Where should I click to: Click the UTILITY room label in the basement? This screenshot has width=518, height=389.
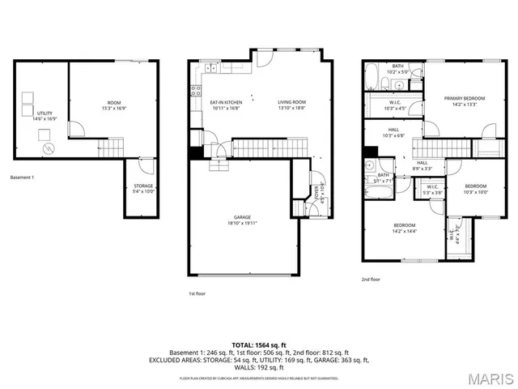pyautogui.click(x=45, y=113)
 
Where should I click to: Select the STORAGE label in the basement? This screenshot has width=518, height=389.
pyautogui.click(x=143, y=186)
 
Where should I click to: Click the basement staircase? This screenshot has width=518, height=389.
pyautogui.click(x=112, y=147)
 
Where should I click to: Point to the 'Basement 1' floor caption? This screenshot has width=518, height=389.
pyautogui.click(x=23, y=177)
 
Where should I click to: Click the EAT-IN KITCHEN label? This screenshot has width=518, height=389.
pyautogui.click(x=226, y=102)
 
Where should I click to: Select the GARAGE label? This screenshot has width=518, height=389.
pyautogui.click(x=242, y=217)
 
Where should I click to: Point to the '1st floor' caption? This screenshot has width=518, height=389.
pyautogui.click(x=197, y=293)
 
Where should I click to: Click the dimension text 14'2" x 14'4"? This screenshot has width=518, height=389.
pyautogui.click(x=405, y=231)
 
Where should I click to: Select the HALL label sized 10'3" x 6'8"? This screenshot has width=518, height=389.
pyautogui.click(x=393, y=130)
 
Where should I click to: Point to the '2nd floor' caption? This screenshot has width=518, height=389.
pyautogui.click(x=371, y=280)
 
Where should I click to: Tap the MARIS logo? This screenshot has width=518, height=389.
pyautogui.click(x=490, y=378)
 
